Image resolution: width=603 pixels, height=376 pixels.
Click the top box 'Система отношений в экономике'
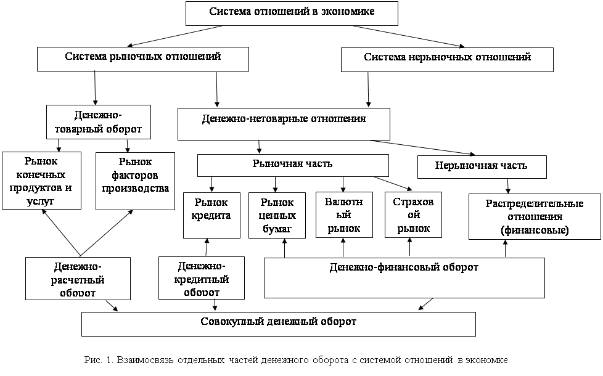tap(292, 13)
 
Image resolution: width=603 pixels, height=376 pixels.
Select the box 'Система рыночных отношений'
tap(143, 59)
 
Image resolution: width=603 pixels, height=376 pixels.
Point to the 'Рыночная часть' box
tap(293, 165)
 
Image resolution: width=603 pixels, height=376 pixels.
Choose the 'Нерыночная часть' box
tap(482, 166)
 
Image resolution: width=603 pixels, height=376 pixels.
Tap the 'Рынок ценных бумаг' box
tap(278, 215)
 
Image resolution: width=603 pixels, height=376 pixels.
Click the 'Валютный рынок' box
tap(343, 215)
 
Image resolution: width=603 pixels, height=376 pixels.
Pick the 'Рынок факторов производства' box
tap(134, 181)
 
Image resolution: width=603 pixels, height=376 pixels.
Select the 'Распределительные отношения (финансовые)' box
tap(534, 216)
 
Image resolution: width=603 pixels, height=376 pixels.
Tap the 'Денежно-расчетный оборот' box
tap(78, 278)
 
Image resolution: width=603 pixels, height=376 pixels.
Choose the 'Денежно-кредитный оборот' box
tap(201, 278)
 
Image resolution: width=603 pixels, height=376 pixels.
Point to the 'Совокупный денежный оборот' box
tap(278, 324)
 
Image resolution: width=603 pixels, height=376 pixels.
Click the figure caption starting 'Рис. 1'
tap(296, 360)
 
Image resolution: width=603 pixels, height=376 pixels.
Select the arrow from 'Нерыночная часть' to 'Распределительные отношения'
tap(507, 186)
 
